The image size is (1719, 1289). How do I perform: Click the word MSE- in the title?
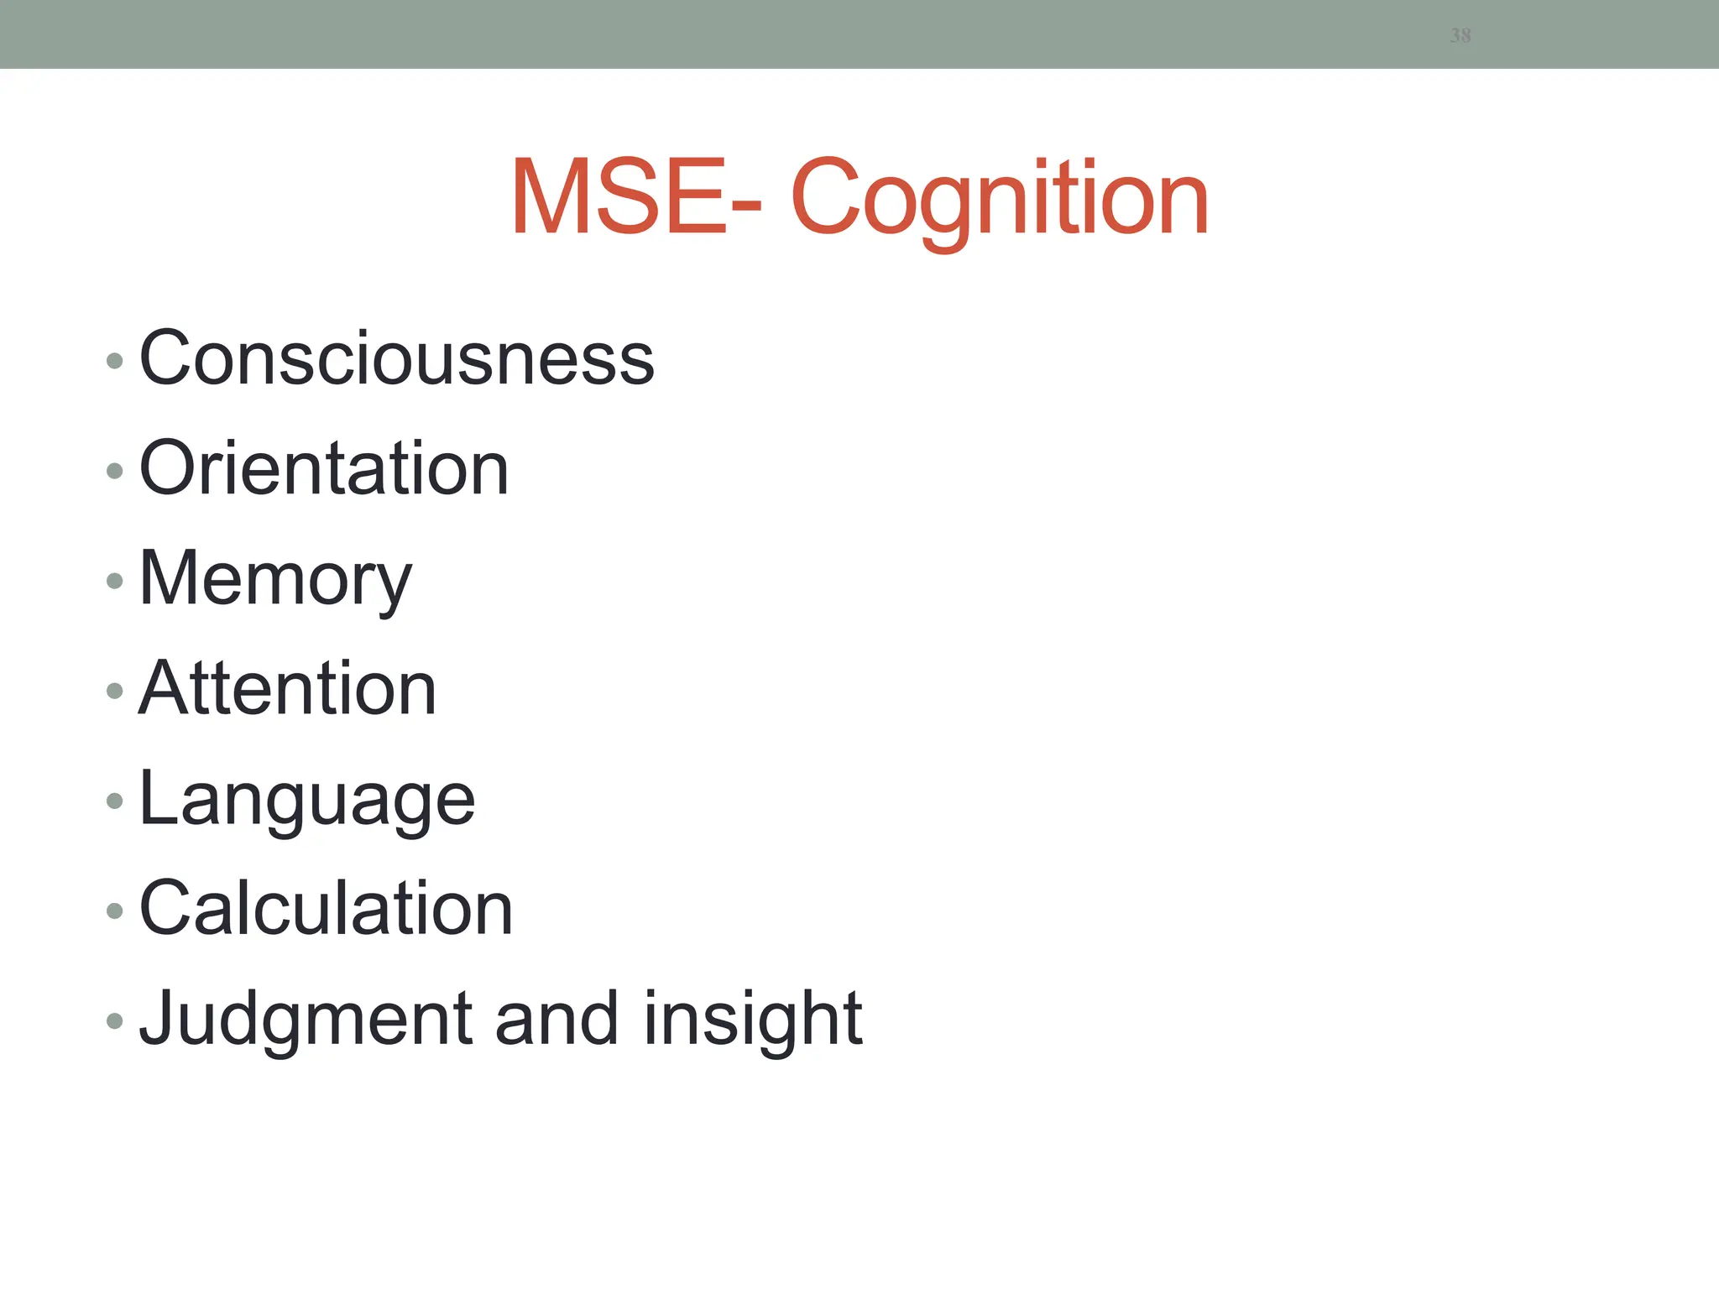[x=636, y=198]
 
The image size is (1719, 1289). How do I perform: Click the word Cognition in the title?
[x=999, y=200]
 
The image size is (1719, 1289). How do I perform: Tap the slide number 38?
[x=1460, y=35]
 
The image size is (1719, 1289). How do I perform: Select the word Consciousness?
[x=396, y=359]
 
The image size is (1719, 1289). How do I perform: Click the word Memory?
[x=275, y=579]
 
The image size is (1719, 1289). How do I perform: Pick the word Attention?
[x=288, y=689]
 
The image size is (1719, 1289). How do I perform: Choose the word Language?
[x=307, y=800]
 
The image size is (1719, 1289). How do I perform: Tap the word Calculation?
[x=326, y=909]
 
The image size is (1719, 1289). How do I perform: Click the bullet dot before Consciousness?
[x=115, y=362]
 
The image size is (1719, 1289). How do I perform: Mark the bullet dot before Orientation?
[x=115, y=472]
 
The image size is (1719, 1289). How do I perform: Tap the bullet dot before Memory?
[x=115, y=581]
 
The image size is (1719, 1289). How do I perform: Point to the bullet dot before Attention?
[x=115, y=691]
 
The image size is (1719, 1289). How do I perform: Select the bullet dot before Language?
[x=115, y=801]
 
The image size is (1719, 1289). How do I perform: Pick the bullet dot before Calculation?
[x=115, y=911]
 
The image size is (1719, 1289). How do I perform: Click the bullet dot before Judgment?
[x=115, y=1021]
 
